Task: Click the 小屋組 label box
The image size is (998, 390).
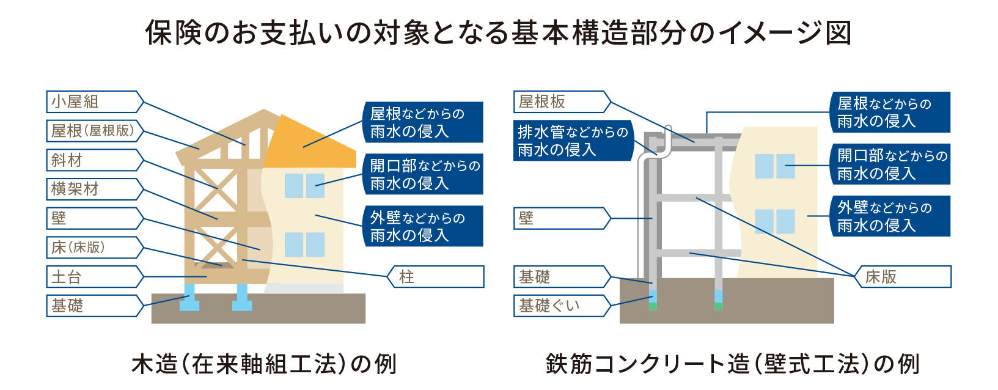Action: tap(95, 101)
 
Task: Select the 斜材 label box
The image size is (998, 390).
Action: tap(95, 160)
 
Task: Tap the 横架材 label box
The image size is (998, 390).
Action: tap(95, 189)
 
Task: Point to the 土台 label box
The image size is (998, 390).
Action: tap(95, 277)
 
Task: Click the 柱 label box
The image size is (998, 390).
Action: tap(435, 277)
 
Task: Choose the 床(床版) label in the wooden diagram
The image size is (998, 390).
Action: tap(95, 248)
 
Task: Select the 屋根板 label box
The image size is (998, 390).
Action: tap(562, 101)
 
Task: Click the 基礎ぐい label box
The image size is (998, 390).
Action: tap(562, 306)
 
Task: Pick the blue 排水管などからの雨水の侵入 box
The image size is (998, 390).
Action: tap(573, 141)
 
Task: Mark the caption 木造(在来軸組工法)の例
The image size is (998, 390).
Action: tap(264, 364)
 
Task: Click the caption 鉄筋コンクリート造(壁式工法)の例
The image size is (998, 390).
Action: tap(733, 364)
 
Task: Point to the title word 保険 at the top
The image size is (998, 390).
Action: tap(174, 32)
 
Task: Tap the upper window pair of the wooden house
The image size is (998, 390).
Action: tap(305, 185)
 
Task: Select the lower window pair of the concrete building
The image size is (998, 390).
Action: tap(775, 221)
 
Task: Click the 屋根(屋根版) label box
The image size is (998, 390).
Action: tap(95, 131)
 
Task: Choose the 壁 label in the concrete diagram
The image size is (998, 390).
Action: tap(562, 218)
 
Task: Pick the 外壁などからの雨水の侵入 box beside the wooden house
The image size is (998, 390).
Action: tap(423, 226)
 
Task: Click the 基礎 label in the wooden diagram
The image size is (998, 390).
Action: tap(95, 306)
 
